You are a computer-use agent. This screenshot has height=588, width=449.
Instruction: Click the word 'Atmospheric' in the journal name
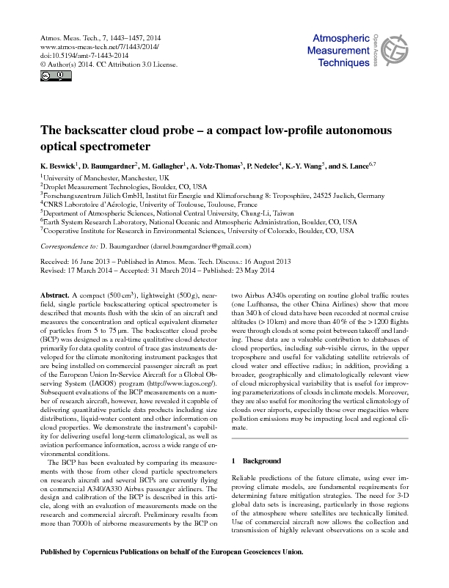343,38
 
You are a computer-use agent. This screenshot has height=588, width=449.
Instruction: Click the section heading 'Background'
261,460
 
